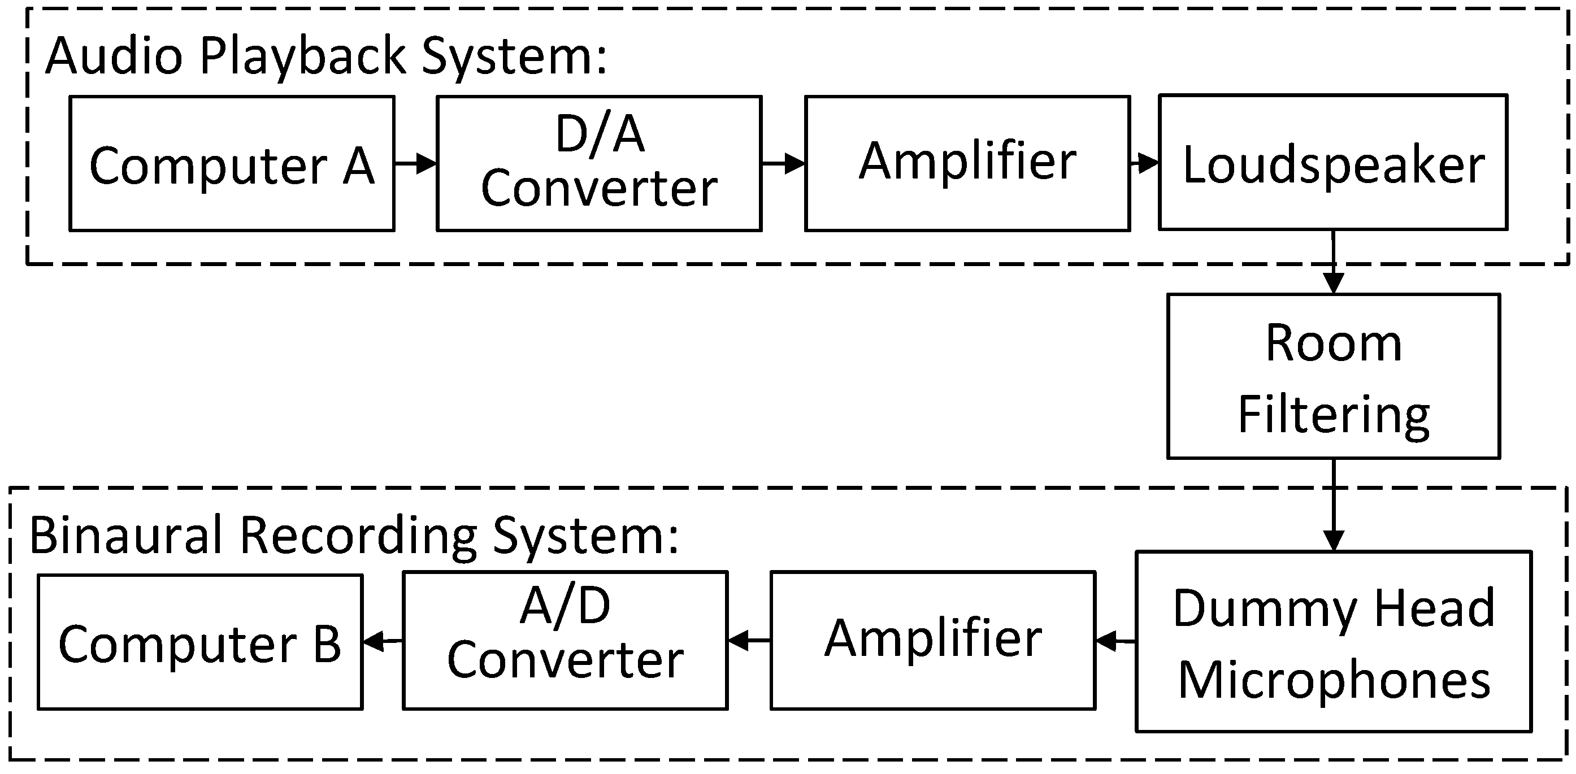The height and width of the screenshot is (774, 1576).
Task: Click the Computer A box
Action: coord(232,164)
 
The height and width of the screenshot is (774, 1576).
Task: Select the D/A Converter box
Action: coord(599,164)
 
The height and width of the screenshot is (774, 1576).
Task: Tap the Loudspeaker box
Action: coord(1332,163)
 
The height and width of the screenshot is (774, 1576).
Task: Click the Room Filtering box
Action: coord(1333,376)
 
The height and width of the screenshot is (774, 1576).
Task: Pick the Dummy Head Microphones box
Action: coord(1333,641)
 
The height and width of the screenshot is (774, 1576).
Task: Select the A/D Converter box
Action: coord(565,641)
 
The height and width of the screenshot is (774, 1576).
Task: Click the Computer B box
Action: coord(200,642)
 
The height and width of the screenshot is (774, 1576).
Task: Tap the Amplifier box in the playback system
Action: coord(967,164)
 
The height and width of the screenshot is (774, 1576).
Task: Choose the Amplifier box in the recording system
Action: coord(932,641)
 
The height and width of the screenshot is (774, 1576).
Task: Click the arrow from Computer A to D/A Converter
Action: coord(415,164)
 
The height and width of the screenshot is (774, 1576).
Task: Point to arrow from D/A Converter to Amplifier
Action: coord(783,164)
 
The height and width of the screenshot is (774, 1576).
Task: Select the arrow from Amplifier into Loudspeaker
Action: coord(1144,163)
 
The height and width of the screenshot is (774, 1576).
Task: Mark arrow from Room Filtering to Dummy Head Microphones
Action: coord(1333,505)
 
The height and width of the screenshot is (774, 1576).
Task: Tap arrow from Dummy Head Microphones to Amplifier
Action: coord(1115,642)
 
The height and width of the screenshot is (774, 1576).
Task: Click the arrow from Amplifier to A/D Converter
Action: coord(749,641)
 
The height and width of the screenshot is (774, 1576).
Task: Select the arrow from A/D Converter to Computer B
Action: coord(383,641)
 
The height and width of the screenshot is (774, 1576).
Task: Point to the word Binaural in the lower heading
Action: coord(125,536)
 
